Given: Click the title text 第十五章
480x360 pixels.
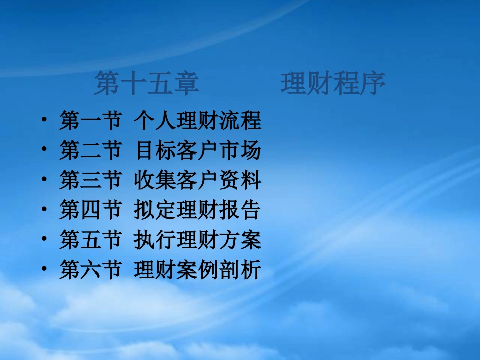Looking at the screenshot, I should click(146, 84).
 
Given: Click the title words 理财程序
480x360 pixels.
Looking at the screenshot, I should click(333, 84).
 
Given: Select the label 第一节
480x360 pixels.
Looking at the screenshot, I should click(90, 121).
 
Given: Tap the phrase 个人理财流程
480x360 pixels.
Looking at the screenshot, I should click(198, 121).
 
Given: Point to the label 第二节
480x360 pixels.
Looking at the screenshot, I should click(90, 151).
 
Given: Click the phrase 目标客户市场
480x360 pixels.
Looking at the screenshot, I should click(198, 151).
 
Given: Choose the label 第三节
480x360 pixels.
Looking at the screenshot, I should click(90, 181).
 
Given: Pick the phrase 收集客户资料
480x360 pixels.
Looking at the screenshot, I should click(198, 181).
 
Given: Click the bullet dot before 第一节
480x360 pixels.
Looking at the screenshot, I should click(45, 121).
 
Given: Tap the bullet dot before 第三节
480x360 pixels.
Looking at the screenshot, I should click(45, 181).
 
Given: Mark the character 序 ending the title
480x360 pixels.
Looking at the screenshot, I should click(372, 84).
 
